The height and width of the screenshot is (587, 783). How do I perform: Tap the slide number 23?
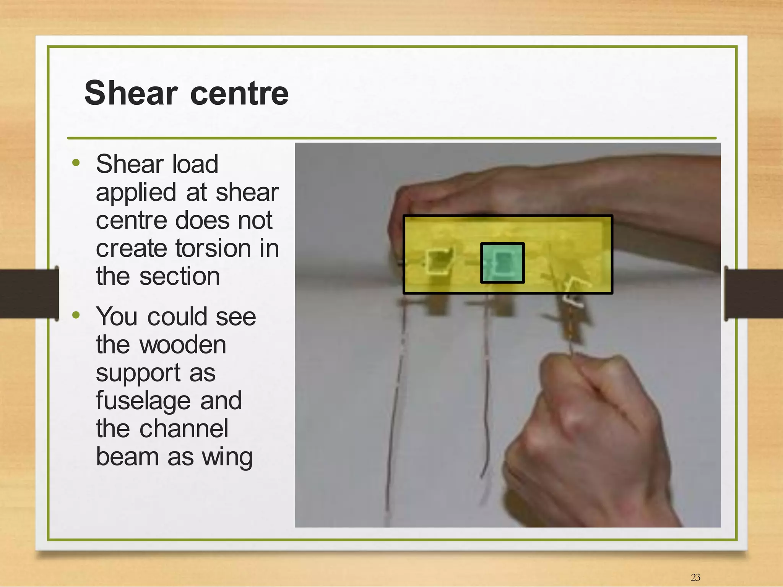(695, 577)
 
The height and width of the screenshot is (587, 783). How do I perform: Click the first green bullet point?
(76, 163)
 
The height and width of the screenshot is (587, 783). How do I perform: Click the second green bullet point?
(76, 315)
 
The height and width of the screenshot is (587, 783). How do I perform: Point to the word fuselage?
(143, 401)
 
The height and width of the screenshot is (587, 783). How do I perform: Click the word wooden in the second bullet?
(183, 345)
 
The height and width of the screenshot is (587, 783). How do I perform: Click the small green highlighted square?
(502, 263)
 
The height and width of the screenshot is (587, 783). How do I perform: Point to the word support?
(138, 373)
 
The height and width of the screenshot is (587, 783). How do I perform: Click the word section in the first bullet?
(180, 276)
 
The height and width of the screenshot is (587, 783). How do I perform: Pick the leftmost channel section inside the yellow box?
(438, 261)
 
